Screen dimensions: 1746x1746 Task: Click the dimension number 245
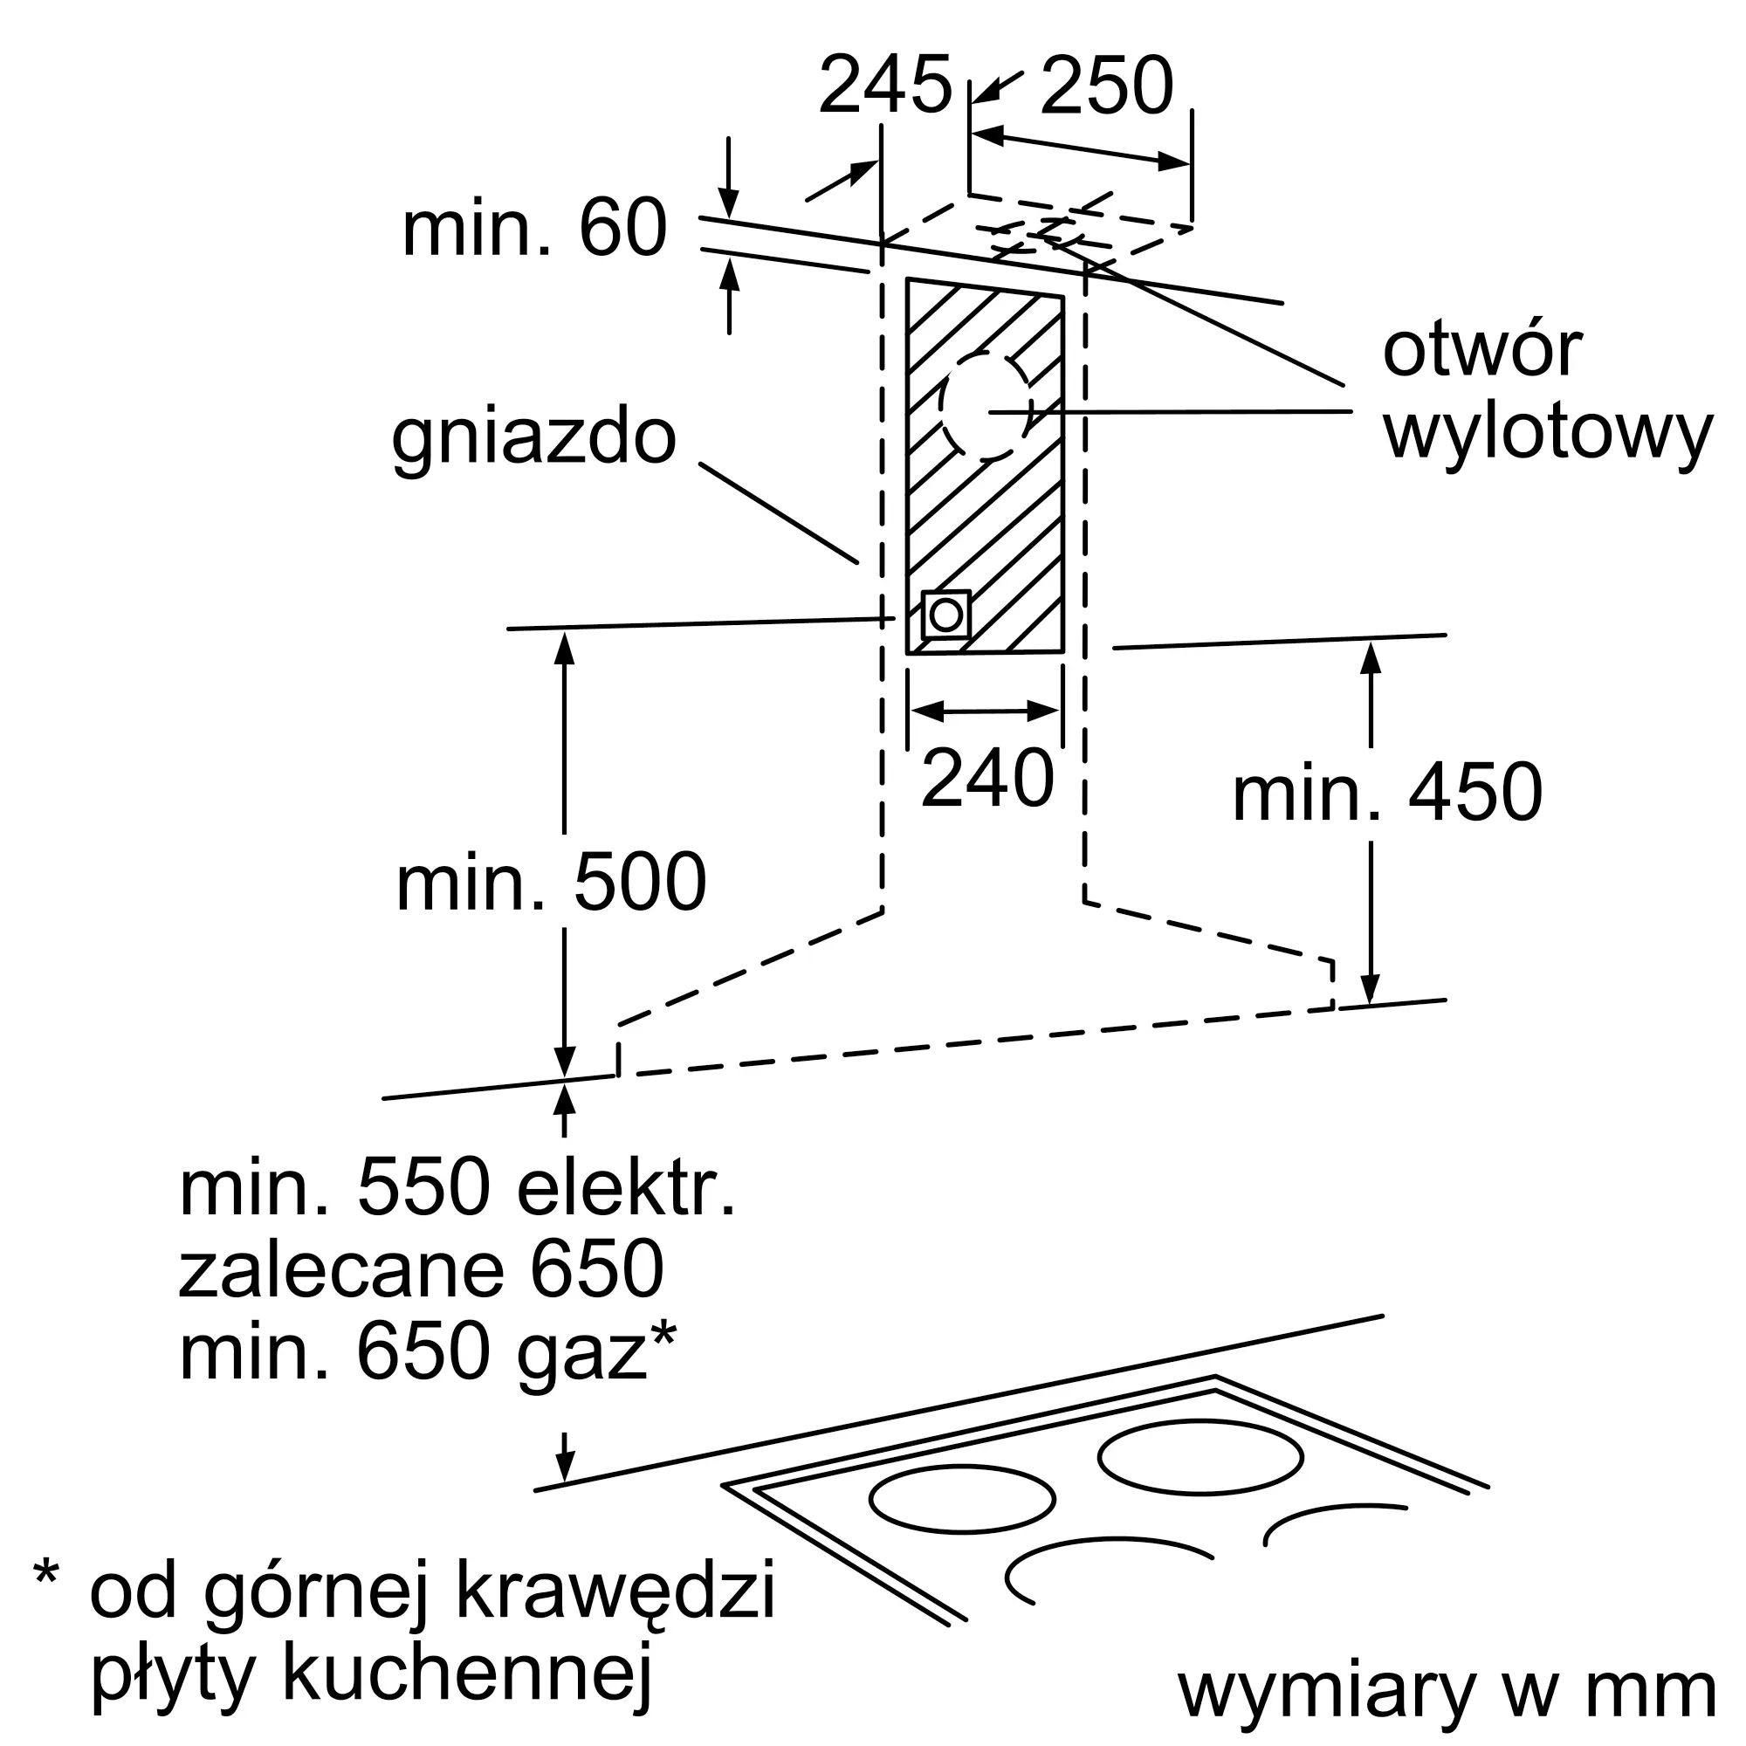click(884, 85)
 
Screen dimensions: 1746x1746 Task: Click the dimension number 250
click(1106, 85)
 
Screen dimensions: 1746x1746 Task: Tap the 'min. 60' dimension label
click(534, 228)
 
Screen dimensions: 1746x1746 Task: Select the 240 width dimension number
click(987, 778)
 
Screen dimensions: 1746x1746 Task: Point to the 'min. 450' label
click(1388, 793)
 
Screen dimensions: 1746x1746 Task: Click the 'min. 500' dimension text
click(551, 883)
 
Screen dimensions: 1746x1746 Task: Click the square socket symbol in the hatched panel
click(945, 615)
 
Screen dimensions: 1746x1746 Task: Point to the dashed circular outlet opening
click(986, 406)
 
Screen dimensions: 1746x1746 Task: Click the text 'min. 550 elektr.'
click(458, 1188)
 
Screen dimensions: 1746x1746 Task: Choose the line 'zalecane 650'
click(421, 1269)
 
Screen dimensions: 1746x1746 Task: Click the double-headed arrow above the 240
click(985, 711)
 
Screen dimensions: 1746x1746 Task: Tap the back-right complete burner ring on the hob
click(1200, 1456)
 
